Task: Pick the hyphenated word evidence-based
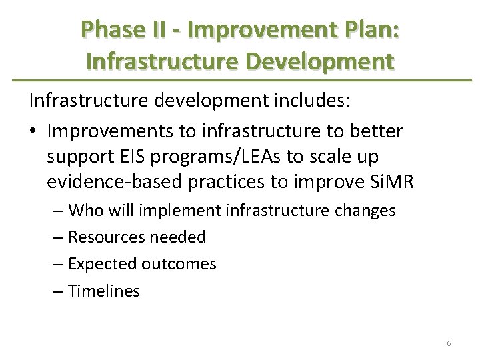click(x=109, y=183)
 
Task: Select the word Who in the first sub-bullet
click(x=85, y=211)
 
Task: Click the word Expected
click(x=103, y=264)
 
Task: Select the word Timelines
click(x=104, y=291)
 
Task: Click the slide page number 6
click(x=449, y=343)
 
